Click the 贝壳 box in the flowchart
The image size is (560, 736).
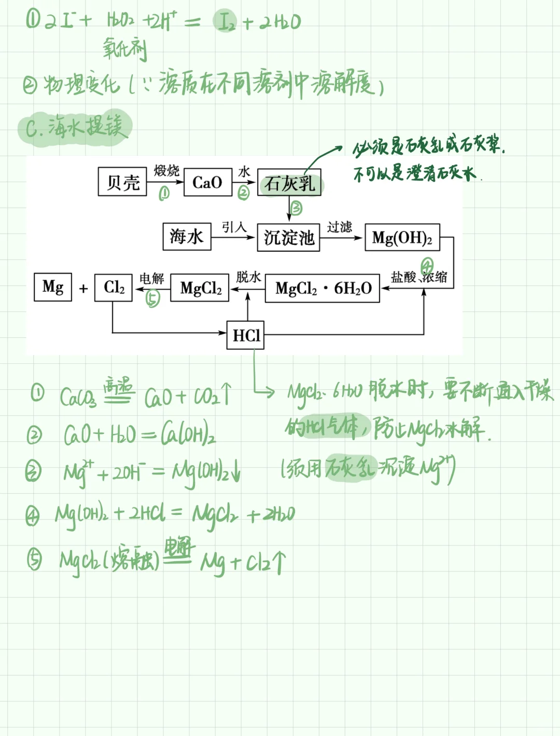(x=123, y=182)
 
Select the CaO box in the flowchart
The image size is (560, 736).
(x=207, y=182)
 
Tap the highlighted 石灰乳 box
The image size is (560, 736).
(x=289, y=183)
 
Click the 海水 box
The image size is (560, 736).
(x=187, y=237)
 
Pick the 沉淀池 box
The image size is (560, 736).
(x=289, y=237)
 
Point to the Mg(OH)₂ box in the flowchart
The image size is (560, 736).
(x=402, y=238)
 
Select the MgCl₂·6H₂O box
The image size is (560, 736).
(x=323, y=288)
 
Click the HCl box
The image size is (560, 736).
(x=246, y=335)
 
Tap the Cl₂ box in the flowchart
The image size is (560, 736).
(x=114, y=287)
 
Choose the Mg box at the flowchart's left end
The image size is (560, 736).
(x=53, y=287)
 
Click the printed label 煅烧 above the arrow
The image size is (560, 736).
(x=166, y=170)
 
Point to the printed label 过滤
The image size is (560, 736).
(x=340, y=226)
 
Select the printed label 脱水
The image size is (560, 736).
(x=248, y=277)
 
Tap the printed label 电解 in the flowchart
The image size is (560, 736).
(x=151, y=278)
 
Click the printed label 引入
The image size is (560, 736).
(x=234, y=227)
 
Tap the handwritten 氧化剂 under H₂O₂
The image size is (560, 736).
(x=125, y=49)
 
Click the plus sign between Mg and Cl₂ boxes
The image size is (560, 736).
(x=83, y=289)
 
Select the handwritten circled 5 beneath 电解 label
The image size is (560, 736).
(x=152, y=298)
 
